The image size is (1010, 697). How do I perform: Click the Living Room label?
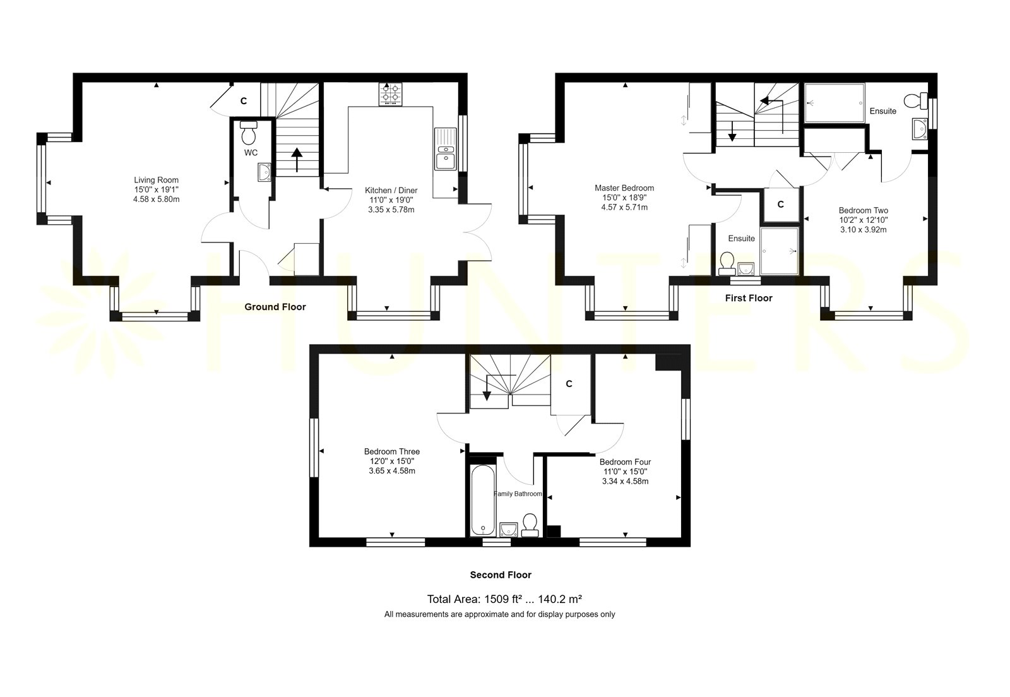pyautogui.click(x=156, y=180)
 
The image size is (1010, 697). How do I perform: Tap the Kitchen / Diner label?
pyautogui.click(x=391, y=190)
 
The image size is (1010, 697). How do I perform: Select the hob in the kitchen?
pyautogui.click(x=391, y=94)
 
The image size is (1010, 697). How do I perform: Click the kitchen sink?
pyautogui.click(x=446, y=149)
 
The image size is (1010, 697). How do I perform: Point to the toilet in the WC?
pyautogui.click(x=249, y=132)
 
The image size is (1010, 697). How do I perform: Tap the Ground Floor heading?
pyautogui.click(x=275, y=307)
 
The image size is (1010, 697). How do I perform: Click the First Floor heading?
pyautogui.click(x=749, y=298)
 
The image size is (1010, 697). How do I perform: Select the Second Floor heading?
pyautogui.click(x=501, y=575)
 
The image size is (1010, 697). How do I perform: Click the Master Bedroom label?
pyautogui.click(x=624, y=188)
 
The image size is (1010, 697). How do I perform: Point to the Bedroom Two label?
pyautogui.click(x=863, y=210)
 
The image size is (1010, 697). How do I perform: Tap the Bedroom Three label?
pyautogui.click(x=392, y=451)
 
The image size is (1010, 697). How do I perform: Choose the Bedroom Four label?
pyautogui.click(x=625, y=462)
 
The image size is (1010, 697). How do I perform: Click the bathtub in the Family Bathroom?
pyautogui.click(x=482, y=501)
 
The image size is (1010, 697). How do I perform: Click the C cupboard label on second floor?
pyautogui.click(x=569, y=384)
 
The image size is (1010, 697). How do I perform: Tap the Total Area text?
pyautogui.click(x=504, y=599)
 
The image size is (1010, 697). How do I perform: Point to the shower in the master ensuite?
pyautogui.click(x=780, y=251)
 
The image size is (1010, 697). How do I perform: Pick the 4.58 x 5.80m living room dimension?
pyautogui.click(x=156, y=200)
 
